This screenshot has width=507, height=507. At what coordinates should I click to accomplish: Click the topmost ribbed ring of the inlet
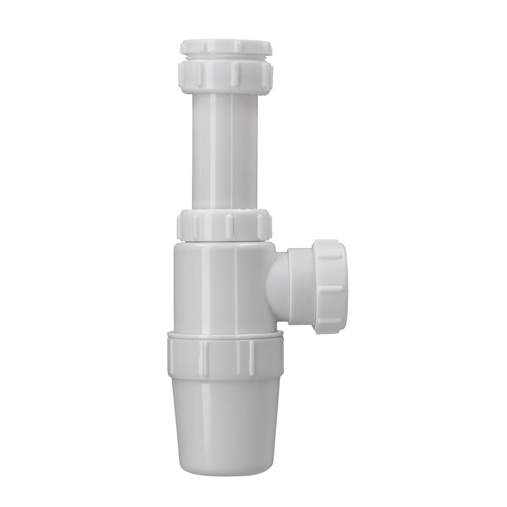point(226,47)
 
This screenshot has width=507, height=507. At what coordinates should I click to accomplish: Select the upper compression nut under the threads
point(226,75)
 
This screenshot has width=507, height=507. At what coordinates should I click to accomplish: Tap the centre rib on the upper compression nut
point(233,75)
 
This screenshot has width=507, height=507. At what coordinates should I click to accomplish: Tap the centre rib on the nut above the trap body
point(229,224)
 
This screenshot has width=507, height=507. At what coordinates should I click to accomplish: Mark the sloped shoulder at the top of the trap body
point(223,246)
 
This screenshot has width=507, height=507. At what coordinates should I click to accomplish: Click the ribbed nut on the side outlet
point(330,286)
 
